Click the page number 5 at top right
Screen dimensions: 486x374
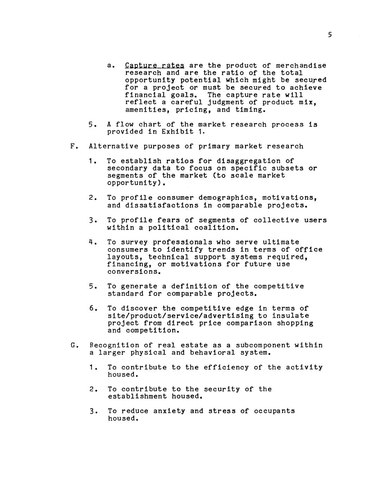pos(330,35)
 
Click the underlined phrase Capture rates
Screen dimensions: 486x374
pos(155,66)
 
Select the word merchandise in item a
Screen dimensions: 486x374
pos(301,66)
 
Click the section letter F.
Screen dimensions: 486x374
pos(73,146)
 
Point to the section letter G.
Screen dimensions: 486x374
pos(73,345)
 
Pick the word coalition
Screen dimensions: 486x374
pos(217,228)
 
